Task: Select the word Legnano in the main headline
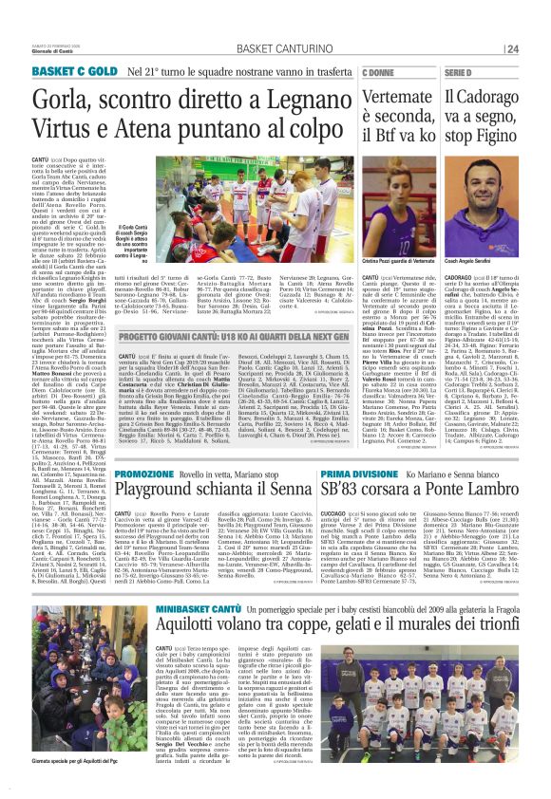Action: coord(283,98)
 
